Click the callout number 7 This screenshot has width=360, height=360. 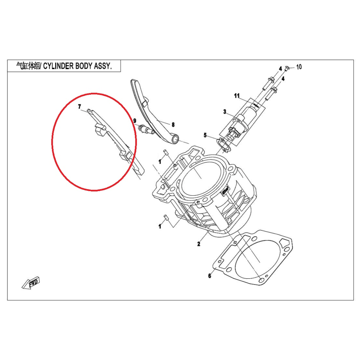(79, 106)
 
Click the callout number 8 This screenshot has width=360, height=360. (173, 124)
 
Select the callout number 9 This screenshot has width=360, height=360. (135, 121)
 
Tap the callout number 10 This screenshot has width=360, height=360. (299, 67)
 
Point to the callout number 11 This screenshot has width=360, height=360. (237, 96)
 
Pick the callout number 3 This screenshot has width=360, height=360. (225, 112)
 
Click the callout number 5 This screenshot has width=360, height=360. (205, 135)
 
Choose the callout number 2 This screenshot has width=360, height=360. (199, 244)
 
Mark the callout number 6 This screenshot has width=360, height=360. (210, 276)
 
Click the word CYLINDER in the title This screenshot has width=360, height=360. (58, 66)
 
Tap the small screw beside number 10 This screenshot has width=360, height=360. (286, 69)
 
